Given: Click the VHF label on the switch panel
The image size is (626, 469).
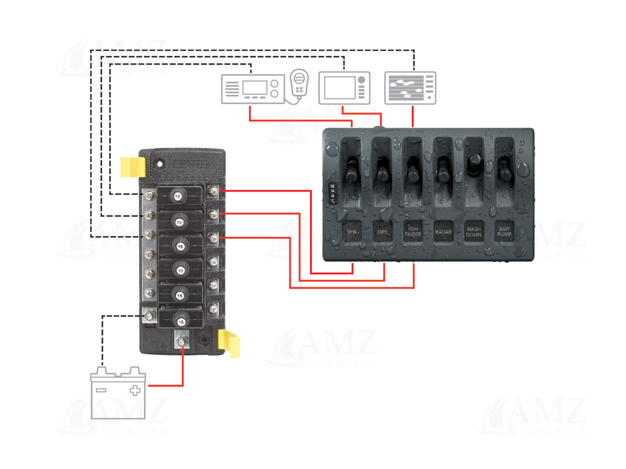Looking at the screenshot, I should coord(352,232).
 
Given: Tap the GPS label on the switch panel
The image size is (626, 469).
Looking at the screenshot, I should coord(382,232).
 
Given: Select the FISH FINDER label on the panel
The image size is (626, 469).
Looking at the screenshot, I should coord(413,232).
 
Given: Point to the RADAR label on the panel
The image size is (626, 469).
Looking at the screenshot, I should coord(443,232).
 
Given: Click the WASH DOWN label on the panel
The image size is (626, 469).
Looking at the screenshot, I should coord(474,232).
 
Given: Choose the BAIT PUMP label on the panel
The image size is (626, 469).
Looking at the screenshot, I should coord(504,232).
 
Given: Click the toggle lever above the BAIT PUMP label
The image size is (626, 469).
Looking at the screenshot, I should coord(504,169).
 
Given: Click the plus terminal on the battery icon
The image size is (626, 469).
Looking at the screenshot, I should coord(135,390).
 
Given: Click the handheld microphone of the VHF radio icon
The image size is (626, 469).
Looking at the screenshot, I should coord(299,83).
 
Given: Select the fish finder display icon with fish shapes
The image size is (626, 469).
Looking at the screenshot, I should coord(410,88).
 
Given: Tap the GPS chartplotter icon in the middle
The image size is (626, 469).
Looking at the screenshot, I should coord(344,88).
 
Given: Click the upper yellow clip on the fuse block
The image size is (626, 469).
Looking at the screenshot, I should coord(133,167).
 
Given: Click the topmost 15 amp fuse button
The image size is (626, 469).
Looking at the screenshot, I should coord(178,196).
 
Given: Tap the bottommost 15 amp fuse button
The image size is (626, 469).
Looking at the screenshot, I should coord(181,322).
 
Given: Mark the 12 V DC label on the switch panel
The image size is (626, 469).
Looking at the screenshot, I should coord(332,194).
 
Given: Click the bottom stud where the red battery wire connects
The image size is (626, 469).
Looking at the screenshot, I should coord(182,341).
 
